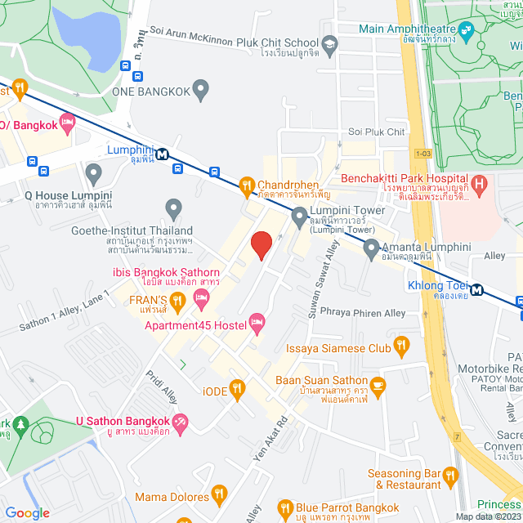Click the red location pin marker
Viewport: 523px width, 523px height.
261,244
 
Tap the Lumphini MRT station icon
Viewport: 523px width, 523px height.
163,153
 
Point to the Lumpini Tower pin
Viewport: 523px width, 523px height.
299,217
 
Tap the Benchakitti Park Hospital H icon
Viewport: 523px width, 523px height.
480,183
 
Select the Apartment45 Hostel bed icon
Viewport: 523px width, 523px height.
257,324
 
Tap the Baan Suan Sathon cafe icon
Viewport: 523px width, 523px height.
378,385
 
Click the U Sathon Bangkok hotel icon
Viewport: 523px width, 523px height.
181,422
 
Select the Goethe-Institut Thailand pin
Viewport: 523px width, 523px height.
173,209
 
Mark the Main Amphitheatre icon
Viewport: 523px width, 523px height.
467,32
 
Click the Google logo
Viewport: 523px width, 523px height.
27,512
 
